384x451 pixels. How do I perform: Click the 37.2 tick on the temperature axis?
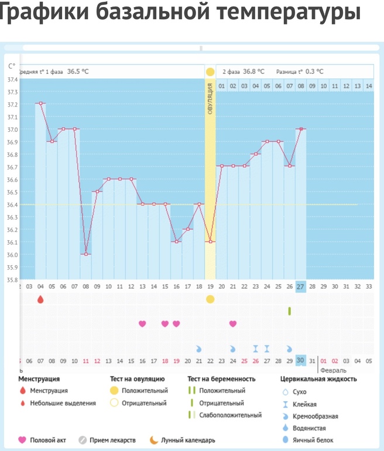click(x=12, y=104)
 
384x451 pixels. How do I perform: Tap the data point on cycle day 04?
click(x=40, y=103)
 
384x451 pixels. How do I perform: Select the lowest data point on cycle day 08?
click(x=86, y=254)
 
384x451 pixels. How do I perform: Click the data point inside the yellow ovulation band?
click(x=210, y=241)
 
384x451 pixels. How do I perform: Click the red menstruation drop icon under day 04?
click(x=40, y=299)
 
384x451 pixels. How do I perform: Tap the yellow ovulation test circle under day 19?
click(x=210, y=299)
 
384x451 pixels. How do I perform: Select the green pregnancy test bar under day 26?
click(x=289, y=311)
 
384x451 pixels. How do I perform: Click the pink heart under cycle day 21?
click(x=233, y=323)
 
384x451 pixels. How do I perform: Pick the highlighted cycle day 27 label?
click(x=300, y=286)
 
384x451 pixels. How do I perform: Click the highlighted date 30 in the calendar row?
click(x=300, y=360)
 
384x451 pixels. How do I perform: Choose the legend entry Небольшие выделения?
click(x=63, y=403)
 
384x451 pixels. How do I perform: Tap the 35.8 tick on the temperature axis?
click(x=12, y=279)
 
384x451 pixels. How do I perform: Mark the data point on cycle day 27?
click(x=300, y=129)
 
